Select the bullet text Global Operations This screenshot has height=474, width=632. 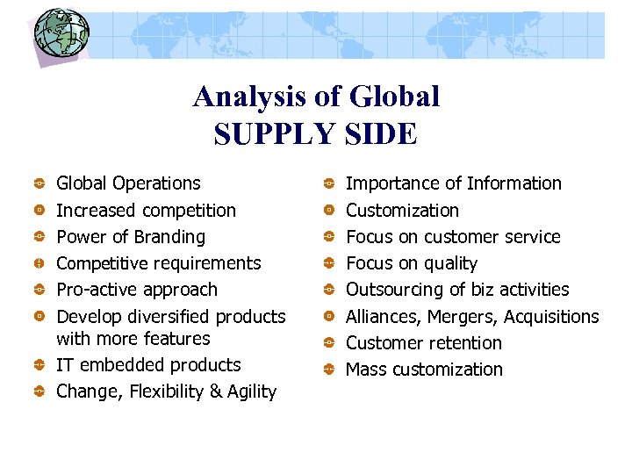click(x=128, y=183)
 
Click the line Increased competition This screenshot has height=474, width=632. click(x=146, y=211)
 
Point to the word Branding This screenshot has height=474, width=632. click(x=169, y=237)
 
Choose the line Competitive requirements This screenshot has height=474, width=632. click(x=158, y=263)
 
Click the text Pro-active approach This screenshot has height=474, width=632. click(x=136, y=290)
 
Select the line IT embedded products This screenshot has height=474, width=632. click(x=147, y=365)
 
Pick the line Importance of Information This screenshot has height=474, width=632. click(x=453, y=183)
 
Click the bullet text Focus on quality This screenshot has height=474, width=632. click(x=411, y=263)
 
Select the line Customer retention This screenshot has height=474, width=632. click(x=423, y=343)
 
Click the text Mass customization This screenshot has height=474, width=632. click(x=424, y=370)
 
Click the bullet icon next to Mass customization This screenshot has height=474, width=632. click(x=327, y=370)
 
